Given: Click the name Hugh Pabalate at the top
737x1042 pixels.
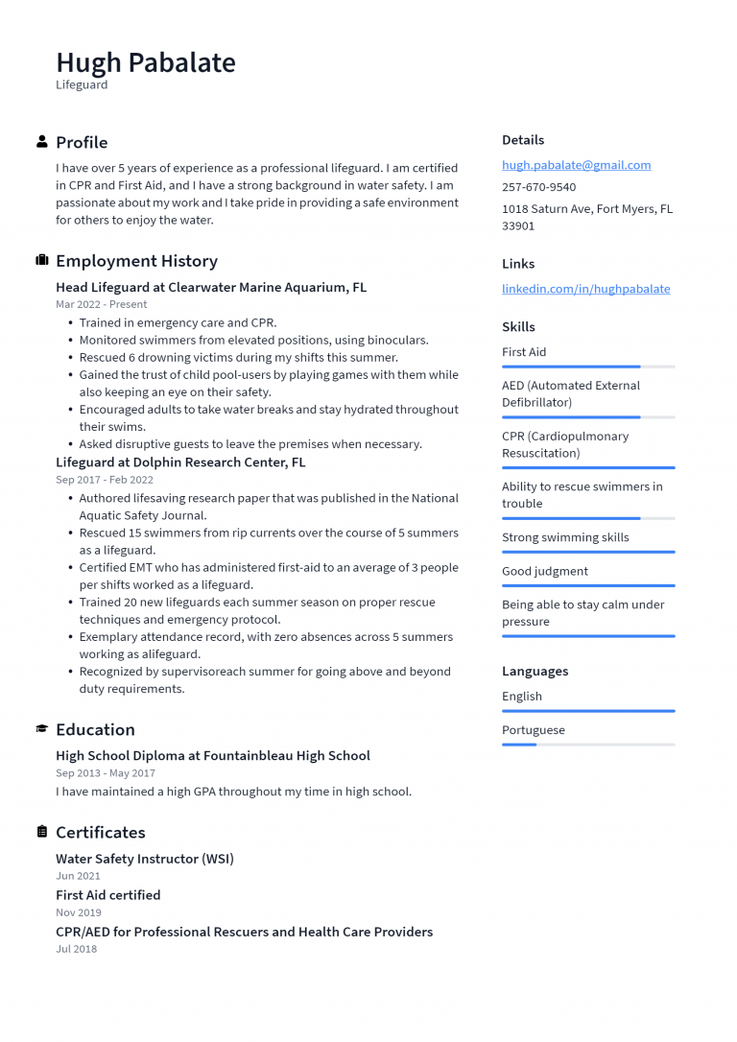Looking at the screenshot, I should tap(146, 62).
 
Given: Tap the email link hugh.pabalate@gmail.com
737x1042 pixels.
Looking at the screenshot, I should tap(576, 165).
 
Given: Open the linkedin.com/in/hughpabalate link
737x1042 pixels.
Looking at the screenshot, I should tap(585, 289).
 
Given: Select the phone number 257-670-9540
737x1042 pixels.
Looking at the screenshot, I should tap(538, 187).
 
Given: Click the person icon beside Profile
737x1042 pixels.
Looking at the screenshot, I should tap(42, 142).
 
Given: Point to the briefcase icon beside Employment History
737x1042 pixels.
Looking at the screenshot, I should tap(42, 261).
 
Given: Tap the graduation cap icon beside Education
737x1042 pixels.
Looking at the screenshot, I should tap(42, 729).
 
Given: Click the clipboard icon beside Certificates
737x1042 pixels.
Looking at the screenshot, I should tap(42, 832).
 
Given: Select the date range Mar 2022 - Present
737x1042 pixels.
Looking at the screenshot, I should tap(102, 304).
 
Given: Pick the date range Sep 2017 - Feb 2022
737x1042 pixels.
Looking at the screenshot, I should tap(105, 480).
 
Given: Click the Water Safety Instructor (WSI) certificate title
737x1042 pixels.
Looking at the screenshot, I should tap(145, 859).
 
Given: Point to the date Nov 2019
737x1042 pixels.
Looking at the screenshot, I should tap(79, 912).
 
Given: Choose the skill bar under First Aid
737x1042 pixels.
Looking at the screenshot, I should tap(588, 367).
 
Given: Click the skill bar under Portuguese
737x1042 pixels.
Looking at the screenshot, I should tap(588, 745).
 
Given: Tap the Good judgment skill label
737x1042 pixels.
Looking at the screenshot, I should tap(545, 571).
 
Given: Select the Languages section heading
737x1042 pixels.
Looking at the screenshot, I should tap(535, 671).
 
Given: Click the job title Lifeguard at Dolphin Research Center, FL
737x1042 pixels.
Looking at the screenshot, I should tap(180, 462).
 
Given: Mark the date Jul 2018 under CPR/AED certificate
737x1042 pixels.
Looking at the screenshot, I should tap(77, 949).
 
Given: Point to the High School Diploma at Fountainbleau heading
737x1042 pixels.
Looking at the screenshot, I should tap(213, 756).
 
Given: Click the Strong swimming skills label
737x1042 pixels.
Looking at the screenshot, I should tap(565, 537).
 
